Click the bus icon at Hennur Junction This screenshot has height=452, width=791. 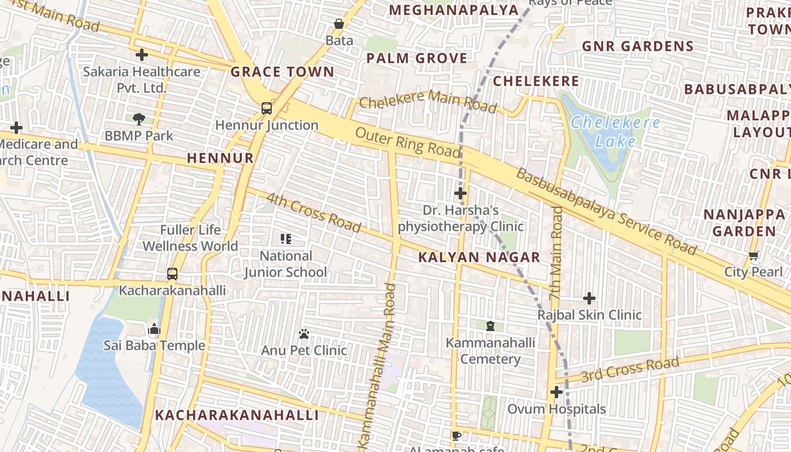click(x=266, y=108)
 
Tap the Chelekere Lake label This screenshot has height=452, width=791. click(x=615, y=131)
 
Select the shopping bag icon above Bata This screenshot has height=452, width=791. click(x=339, y=24)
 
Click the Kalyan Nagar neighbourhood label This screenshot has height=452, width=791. click(x=479, y=258)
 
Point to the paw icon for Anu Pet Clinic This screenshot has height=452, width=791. click(x=304, y=334)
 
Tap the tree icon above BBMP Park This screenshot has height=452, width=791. click(x=138, y=119)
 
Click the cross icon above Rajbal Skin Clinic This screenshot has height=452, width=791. click(x=589, y=298)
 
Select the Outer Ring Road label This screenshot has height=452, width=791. click(x=407, y=142)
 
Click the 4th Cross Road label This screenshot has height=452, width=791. click(x=313, y=213)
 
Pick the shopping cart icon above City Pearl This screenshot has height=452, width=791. click(x=753, y=256)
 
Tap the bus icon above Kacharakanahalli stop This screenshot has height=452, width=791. click(x=172, y=274)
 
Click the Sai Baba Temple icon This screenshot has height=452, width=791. click(x=154, y=329)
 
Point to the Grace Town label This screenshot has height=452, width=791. click(x=282, y=72)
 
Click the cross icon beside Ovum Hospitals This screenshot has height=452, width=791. click(x=557, y=392)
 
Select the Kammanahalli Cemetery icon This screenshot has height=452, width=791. click(x=490, y=326)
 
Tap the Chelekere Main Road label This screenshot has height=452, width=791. click(x=428, y=101)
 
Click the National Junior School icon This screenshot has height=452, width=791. click(x=285, y=239)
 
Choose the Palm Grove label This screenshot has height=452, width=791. click(x=417, y=58)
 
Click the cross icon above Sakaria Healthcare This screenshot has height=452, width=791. click(x=142, y=55)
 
